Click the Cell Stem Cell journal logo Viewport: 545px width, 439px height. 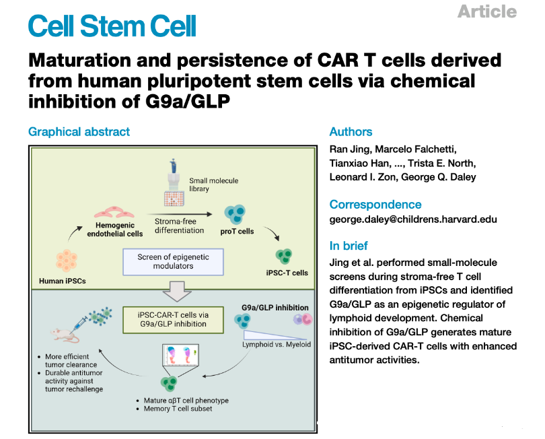[112, 26]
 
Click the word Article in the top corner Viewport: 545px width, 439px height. [486, 11]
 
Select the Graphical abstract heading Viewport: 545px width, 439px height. [79, 132]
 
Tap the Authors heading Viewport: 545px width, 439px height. [351, 132]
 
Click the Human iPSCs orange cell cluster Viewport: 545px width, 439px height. [67, 260]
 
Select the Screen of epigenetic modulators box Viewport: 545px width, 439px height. [173, 262]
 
